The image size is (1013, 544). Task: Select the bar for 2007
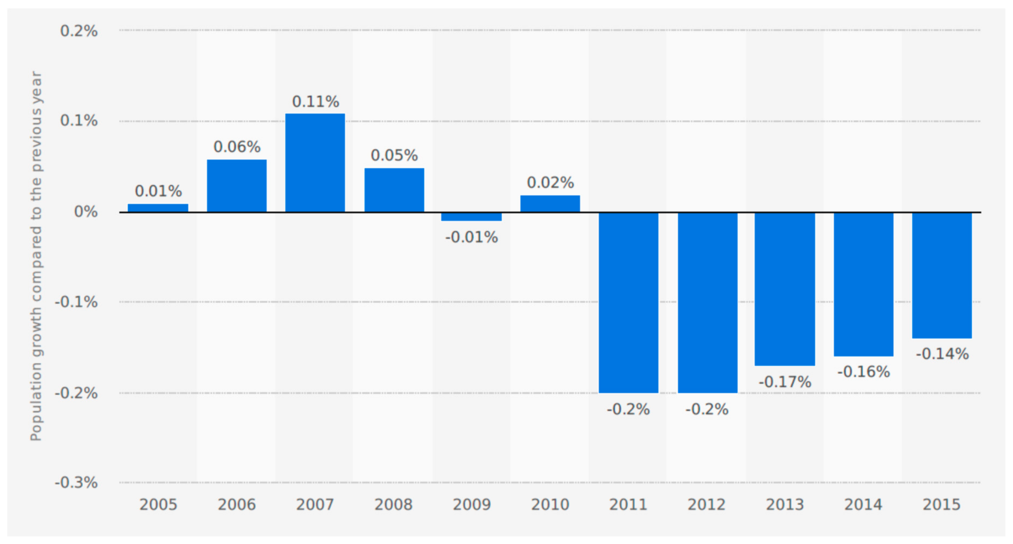(315, 163)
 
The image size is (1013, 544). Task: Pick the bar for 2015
(942, 275)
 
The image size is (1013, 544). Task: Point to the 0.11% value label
(315, 102)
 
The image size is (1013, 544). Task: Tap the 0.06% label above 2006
(237, 147)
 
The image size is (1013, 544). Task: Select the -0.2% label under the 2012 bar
(707, 409)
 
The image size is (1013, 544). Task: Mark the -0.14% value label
(942, 354)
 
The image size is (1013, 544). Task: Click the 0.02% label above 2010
(550, 183)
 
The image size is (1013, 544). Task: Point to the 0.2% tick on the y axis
(79, 31)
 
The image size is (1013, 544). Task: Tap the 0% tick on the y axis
(86, 212)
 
